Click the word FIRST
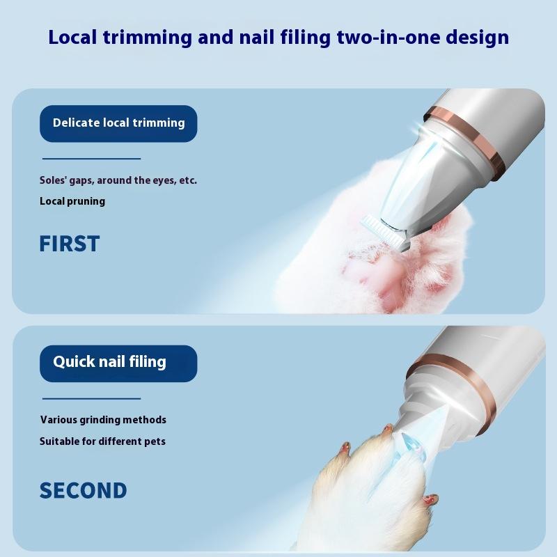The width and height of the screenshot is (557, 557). [x=69, y=244]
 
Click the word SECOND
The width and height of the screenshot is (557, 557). [x=83, y=491]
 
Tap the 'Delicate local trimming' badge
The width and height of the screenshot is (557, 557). [x=118, y=124]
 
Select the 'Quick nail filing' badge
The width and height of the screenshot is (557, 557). [x=118, y=363]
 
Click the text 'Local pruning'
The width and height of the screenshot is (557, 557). [x=72, y=201]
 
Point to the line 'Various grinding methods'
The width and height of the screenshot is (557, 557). [x=103, y=420]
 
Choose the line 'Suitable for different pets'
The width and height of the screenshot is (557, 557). [x=102, y=441]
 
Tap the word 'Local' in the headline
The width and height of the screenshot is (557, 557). [x=72, y=38]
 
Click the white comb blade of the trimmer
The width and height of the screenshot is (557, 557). [x=383, y=231]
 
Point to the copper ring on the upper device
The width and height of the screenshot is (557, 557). [x=465, y=138]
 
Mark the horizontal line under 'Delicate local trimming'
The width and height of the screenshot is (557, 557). [x=92, y=159]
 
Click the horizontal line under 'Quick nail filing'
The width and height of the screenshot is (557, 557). [x=92, y=398]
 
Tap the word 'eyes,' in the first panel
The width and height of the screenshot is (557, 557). [x=164, y=180]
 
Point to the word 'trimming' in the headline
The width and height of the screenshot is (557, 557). [x=148, y=38]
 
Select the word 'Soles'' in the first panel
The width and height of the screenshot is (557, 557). [x=54, y=180]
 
